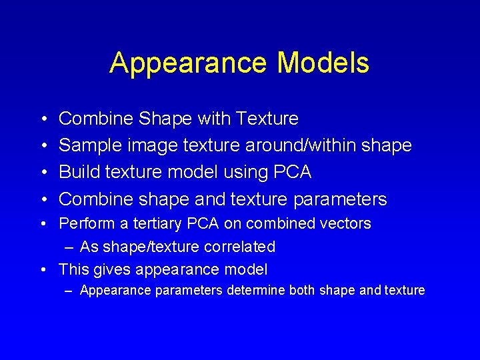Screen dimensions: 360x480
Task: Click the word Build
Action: (x=77, y=172)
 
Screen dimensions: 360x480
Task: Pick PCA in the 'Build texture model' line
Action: (x=293, y=172)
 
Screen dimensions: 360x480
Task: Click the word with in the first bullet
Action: (x=210, y=119)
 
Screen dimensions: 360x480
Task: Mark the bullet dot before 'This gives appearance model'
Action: (x=43, y=270)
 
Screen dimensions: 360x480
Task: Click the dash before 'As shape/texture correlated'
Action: (x=70, y=247)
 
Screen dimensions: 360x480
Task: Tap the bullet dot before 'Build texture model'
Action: (x=43, y=173)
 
